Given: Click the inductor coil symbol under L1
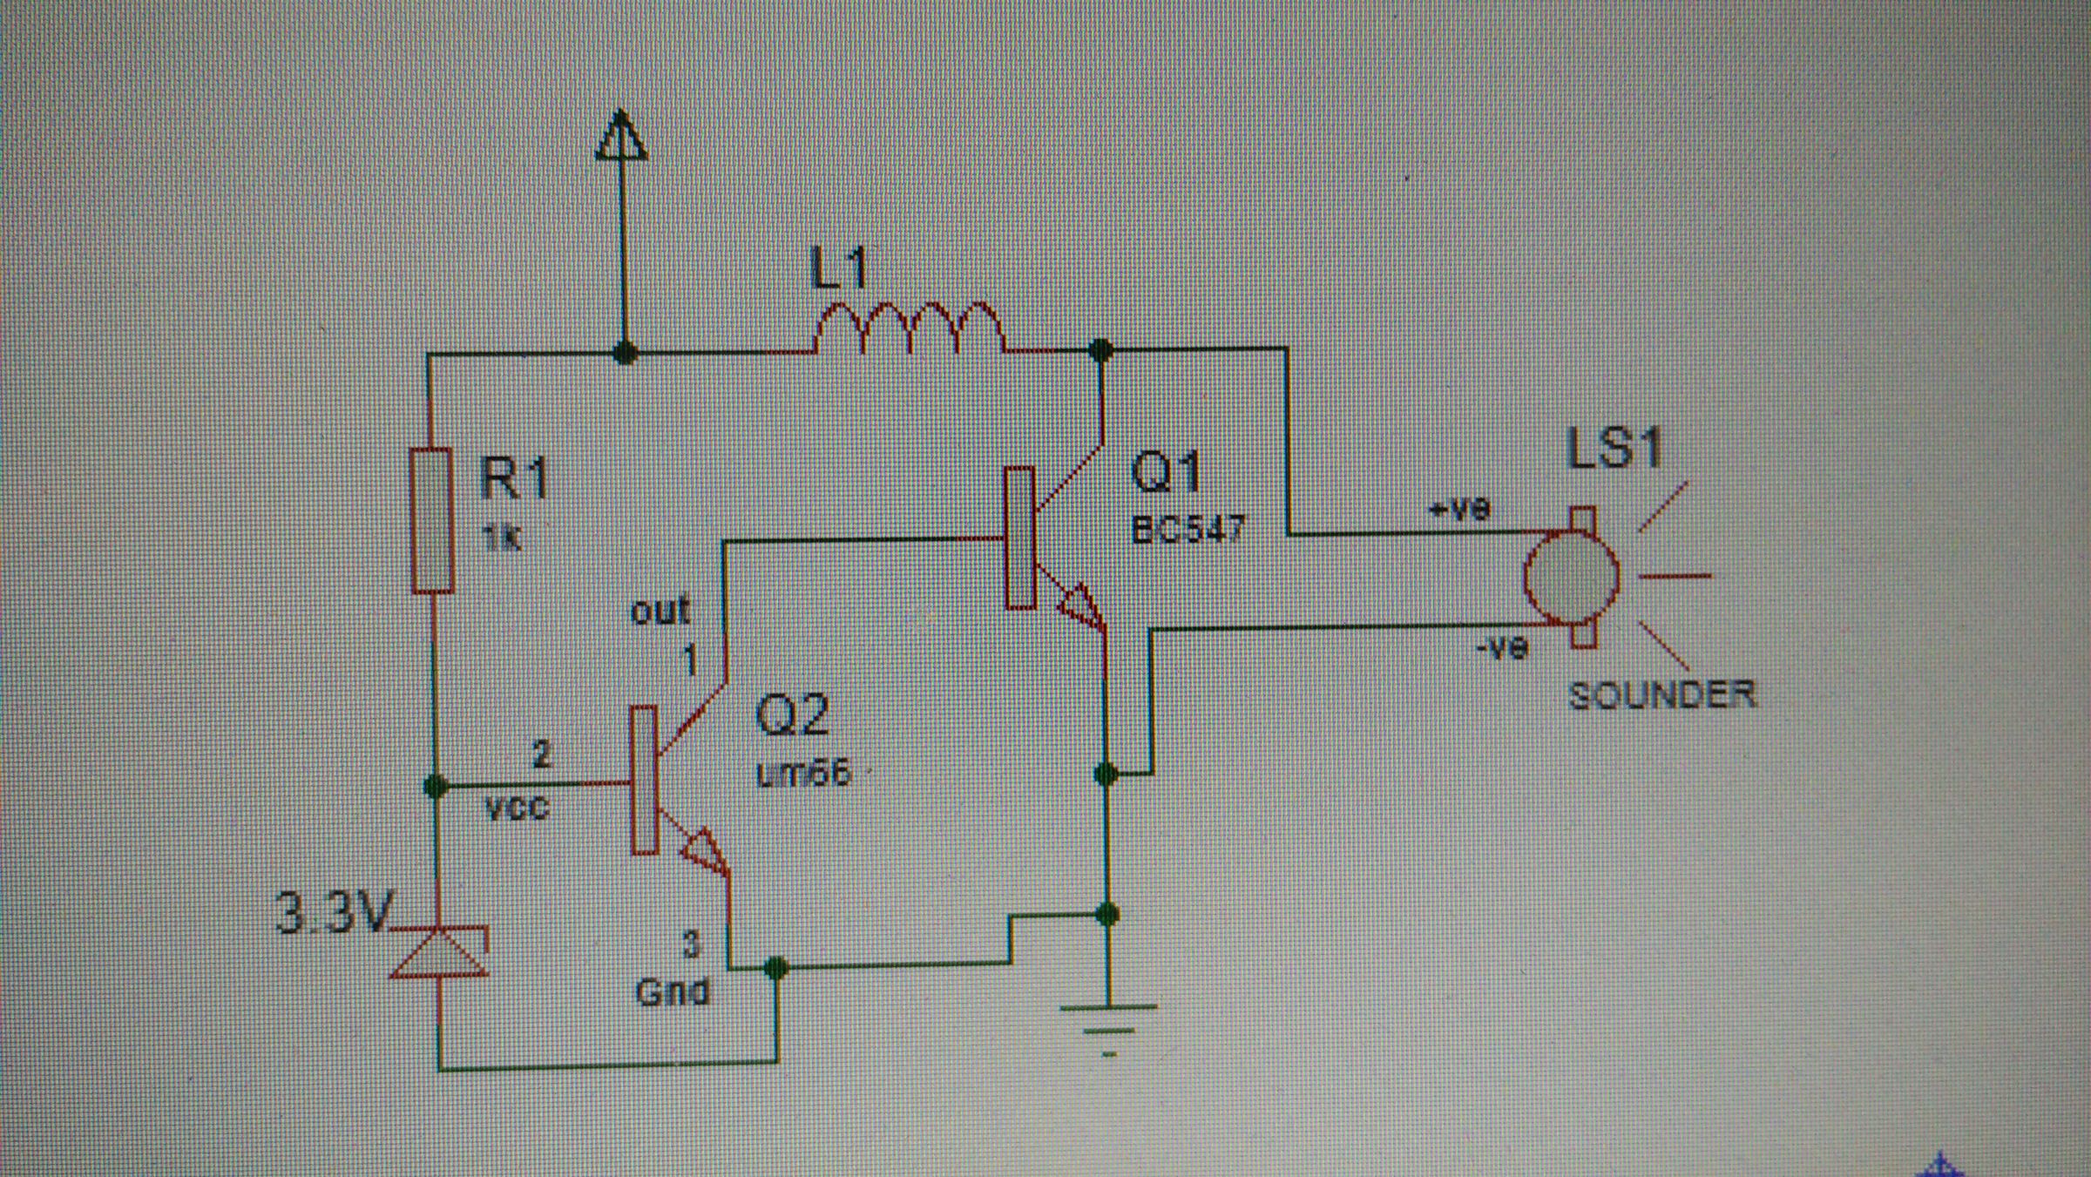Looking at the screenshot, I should click(909, 329).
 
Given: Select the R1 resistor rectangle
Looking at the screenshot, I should click(432, 521).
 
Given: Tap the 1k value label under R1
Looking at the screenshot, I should click(501, 538).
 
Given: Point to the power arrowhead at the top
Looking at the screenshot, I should click(620, 138).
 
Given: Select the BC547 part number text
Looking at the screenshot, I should click(1188, 529).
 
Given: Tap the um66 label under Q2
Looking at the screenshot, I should click(802, 773).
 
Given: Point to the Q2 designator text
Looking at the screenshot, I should click(791, 714).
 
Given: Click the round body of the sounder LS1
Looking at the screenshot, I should click(1571, 576).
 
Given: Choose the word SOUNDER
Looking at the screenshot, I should click(1661, 694).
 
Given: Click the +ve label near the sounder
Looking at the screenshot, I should click(1460, 508).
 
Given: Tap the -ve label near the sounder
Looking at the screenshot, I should click(1502, 647).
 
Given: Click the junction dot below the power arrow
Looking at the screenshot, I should click(624, 353).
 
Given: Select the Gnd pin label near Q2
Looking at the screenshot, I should click(673, 991).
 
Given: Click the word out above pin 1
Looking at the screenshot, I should click(660, 611).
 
